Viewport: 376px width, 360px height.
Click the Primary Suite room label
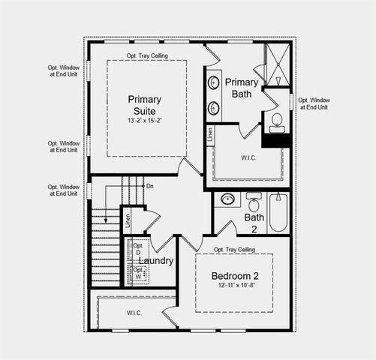pos(143,105)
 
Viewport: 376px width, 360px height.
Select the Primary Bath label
pos(242,88)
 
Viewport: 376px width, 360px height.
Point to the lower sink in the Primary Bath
pos(215,106)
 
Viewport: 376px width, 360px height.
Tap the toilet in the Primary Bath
pos(276,121)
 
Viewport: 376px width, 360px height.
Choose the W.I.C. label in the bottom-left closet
pos(134,313)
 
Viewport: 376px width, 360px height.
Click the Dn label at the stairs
pos(150,186)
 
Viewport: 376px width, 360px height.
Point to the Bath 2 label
pos(254,223)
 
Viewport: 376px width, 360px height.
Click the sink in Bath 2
pos(227,200)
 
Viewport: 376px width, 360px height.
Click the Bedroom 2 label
pos(233,275)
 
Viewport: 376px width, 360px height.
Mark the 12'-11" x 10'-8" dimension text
pos(233,286)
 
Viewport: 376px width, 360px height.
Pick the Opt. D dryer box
pos(138,250)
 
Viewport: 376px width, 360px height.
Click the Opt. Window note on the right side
pos(313,104)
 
